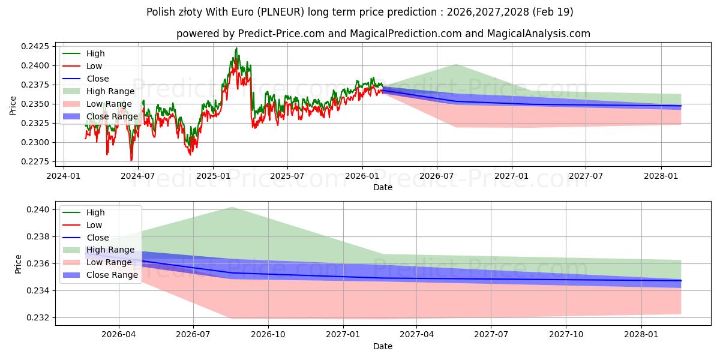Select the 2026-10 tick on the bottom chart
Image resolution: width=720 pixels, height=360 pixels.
tap(268, 334)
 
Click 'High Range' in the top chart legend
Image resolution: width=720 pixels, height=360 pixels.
tap(110, 91)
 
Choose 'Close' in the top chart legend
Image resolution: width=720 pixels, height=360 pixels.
tap(98, 79)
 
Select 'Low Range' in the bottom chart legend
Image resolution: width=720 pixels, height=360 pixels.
tap(109, 262)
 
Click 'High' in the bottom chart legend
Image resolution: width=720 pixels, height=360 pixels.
tap(95, 212)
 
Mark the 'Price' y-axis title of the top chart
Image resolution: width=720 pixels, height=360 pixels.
tap(14, 106)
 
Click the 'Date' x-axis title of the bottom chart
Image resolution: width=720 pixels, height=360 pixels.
tap(383, 346)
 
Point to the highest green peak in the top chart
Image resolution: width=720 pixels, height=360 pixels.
tap(236, 48)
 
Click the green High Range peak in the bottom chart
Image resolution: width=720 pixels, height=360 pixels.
tap(232, 207)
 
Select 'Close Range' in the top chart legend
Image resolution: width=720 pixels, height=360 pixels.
tap(112, 116)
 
